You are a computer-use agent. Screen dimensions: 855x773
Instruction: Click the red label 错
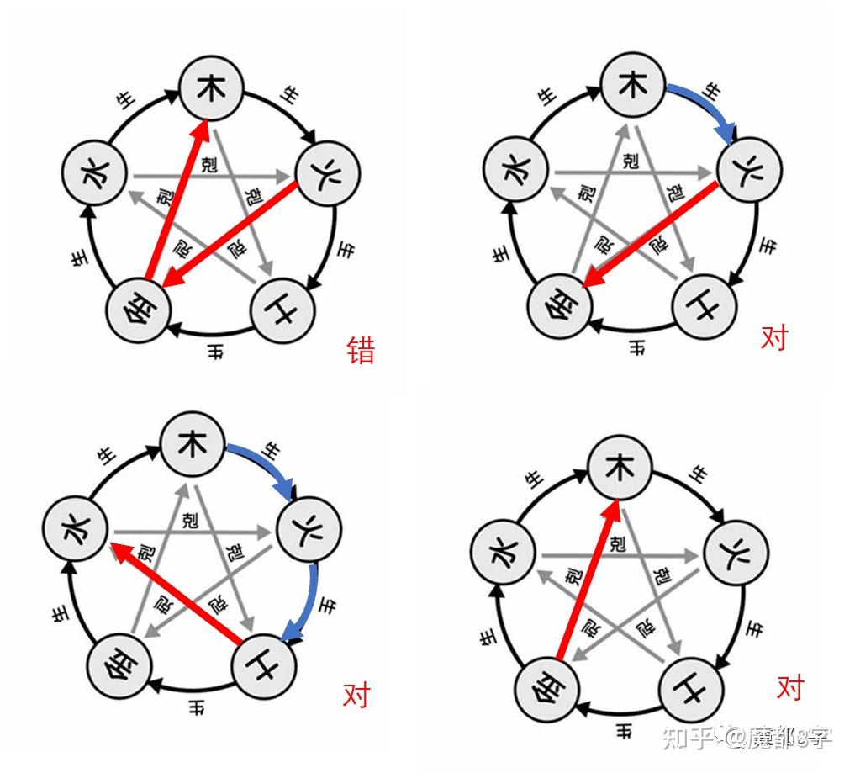point(362,350)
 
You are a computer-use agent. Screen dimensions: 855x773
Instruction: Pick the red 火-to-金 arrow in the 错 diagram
point(230,235)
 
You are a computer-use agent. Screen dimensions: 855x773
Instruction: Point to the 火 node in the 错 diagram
point(328,175)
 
